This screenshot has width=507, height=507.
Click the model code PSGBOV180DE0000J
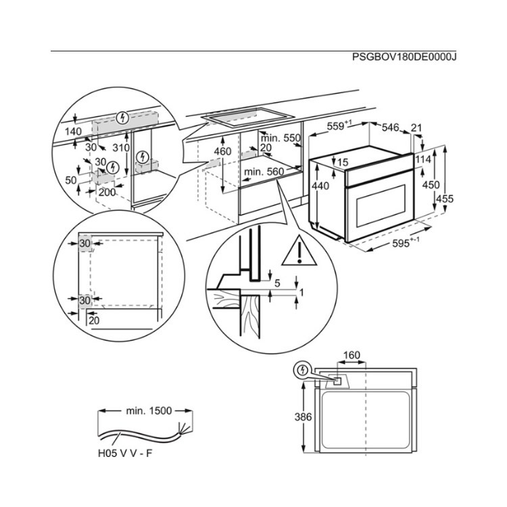[404, 57]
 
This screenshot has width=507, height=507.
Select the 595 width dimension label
[405, 245]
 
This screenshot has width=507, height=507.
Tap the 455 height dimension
[445, 198]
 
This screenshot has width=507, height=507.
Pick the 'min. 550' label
[281, 138]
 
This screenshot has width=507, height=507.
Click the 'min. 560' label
[264, 172]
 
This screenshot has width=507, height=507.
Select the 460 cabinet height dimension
[222, 151]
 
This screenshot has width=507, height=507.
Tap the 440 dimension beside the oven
[320, 186]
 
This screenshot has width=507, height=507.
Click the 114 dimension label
[423, 160]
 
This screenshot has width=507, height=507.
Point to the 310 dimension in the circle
[121, 147]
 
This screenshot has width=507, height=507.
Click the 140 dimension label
[73, 131]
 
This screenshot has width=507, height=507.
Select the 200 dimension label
[107, 192]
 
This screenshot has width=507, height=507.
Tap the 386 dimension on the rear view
[304, 417]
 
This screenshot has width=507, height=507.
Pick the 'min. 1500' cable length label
[149, 410]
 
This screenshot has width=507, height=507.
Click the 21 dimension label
[416, 127]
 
